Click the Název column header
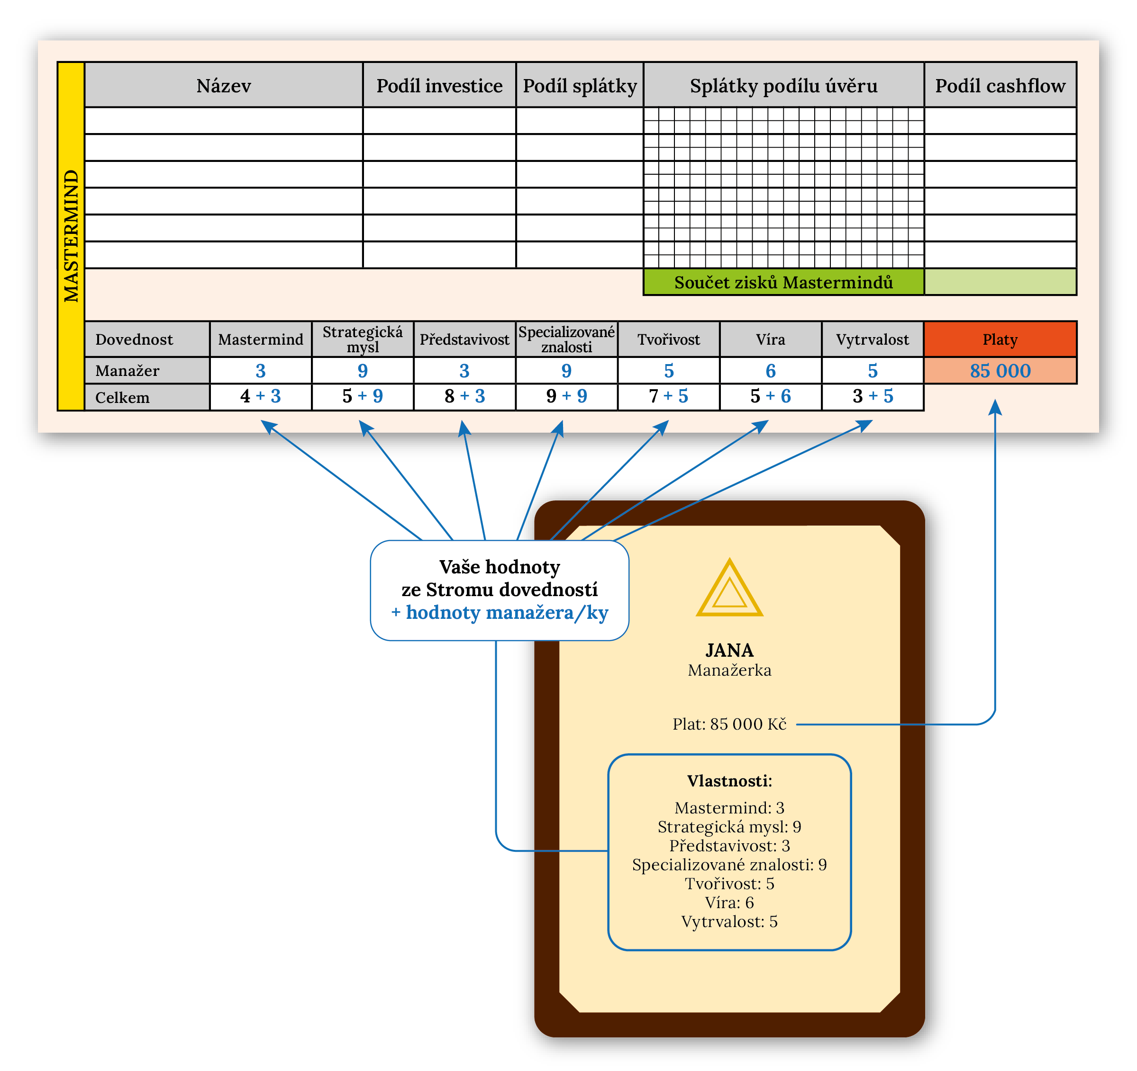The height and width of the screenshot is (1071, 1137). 224,85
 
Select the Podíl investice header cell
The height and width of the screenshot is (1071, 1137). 439,85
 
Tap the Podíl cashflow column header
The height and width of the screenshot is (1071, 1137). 1001,85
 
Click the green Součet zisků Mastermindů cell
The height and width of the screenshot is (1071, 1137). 783,282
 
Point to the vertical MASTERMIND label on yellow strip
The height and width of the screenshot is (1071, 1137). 71,236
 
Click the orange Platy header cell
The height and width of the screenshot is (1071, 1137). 1001,339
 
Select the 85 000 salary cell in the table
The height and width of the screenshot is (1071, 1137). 1001,371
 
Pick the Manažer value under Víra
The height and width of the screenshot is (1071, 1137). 770,371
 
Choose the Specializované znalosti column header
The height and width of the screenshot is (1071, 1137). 566,339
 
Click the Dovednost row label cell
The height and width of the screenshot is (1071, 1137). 135,339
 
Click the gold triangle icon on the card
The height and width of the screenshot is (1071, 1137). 729,589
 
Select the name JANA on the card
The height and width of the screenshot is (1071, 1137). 729,651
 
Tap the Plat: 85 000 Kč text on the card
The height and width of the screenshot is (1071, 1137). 729,724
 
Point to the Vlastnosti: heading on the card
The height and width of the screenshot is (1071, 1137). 729,781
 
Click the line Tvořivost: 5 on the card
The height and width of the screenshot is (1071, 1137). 729,884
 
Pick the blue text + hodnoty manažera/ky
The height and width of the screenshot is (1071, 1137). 499,613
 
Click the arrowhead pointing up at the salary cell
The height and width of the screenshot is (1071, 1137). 995,407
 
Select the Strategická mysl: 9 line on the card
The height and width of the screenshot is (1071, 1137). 729,827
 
